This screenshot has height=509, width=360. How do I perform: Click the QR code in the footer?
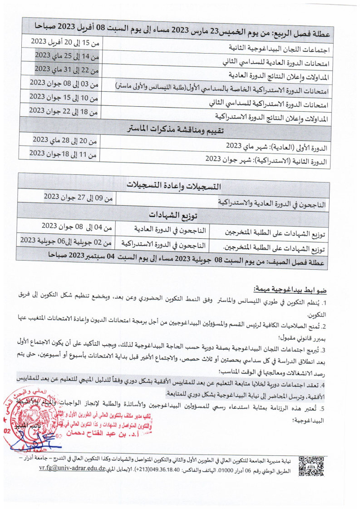click(311, 465)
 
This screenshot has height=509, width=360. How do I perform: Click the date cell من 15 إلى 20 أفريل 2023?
click(64, 42)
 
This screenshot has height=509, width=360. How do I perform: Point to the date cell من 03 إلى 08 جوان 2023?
click(64, 84)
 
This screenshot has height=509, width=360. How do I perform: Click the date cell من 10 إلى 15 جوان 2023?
click(64, 97)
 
